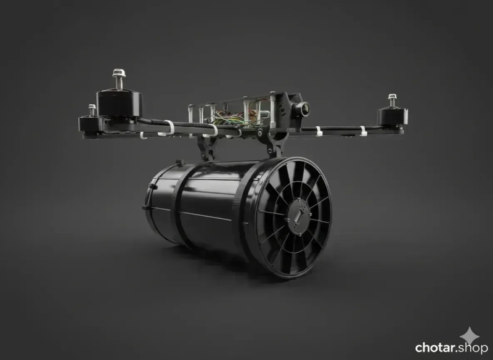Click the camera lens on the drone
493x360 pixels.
(x=304, y=109)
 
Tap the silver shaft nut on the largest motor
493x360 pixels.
(x=119, y=73)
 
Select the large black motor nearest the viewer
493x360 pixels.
(x=119, y=104)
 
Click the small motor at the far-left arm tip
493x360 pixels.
(x=90, y=123)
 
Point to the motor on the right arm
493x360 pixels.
(x=392, y=117)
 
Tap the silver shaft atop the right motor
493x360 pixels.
(x=392, y=100)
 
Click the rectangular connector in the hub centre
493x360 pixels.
(x=298, y=216)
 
